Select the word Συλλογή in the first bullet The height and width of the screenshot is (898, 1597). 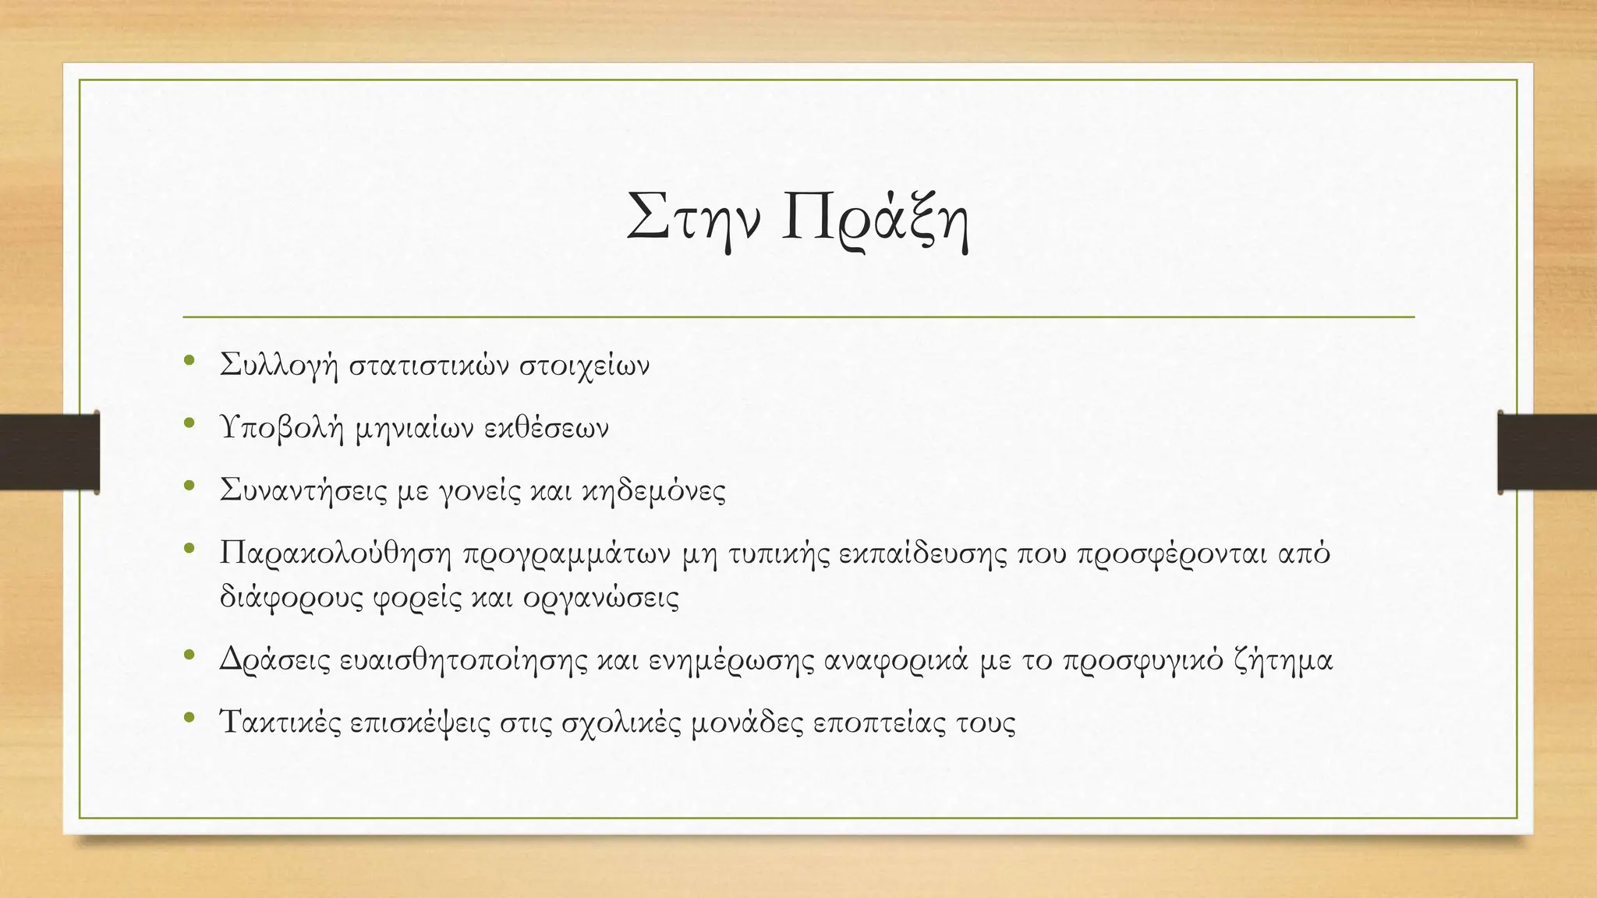279,366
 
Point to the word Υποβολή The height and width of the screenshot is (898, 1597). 282,429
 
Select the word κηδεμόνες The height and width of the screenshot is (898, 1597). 653,491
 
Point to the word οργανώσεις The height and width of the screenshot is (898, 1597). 601,598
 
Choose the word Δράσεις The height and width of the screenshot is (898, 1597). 275,660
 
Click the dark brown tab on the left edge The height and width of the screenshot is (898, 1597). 49,452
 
